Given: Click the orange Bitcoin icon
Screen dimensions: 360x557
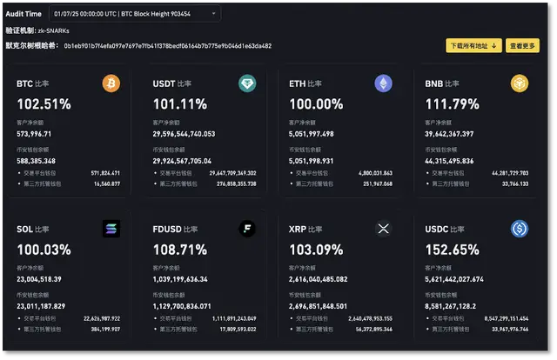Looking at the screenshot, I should (x=111, y=83).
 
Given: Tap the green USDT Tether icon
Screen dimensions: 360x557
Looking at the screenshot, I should (x=247, y=83).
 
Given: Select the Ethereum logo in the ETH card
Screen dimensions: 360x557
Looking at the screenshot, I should (x=383, y=83).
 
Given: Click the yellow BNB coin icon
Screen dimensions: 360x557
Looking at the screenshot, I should (x=519, y=83).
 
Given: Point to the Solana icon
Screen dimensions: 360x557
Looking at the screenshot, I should (x=111, y=229).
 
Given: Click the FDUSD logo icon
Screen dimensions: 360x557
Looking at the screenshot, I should (x=247, y=229).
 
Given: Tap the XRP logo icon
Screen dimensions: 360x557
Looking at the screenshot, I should (x=383, y=229).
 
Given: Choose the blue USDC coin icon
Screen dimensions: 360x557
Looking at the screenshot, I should (x=519, y=229).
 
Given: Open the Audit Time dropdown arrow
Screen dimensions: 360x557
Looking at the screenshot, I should (x=213, y=14).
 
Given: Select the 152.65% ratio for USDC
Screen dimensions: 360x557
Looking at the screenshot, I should (x=452, y=250).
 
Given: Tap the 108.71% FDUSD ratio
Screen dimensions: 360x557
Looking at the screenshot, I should (x=180, y=250).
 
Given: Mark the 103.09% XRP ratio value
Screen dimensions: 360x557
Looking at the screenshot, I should (x=316, y=250).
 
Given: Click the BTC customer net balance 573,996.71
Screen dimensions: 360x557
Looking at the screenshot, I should (x=35, y=134).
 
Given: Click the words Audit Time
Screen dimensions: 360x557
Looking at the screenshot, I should (x=23, y=14).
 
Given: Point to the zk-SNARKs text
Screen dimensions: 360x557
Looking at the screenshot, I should (x=53, y=30).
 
